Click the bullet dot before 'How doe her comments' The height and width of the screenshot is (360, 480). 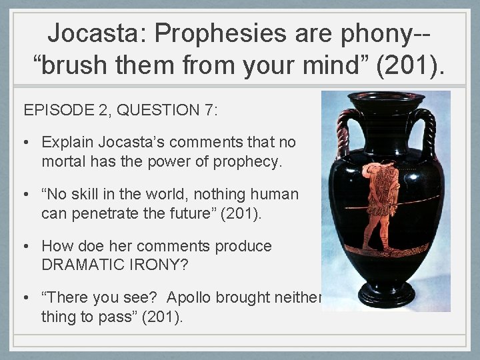click(29, 247)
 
